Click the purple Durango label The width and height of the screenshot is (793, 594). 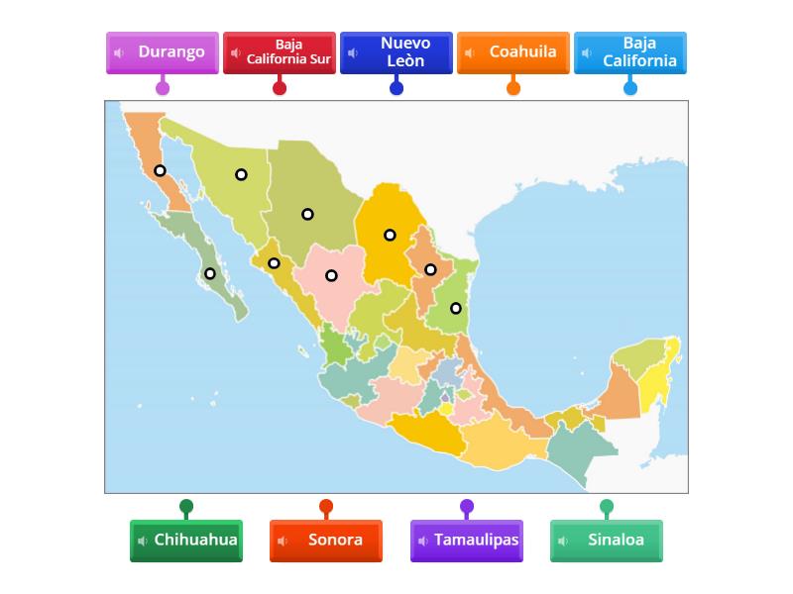pos(163,52)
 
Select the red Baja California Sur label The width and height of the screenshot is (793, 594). pos(280,52)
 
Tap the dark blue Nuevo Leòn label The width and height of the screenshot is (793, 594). pos(396,52)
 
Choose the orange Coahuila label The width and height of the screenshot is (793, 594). pos(513,52)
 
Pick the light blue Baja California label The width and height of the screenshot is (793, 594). pos(630,52)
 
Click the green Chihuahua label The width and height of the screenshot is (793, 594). pos(186,541)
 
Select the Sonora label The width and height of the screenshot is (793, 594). pos(326,541)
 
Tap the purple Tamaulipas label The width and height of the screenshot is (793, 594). pos(467,541)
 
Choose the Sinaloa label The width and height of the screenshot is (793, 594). pos(607,541)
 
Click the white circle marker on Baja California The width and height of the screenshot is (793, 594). pos(160,170)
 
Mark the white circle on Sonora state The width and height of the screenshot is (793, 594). pos(241,174)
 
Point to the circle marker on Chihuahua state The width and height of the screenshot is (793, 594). pos(307,214)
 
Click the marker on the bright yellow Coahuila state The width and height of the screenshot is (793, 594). pos(390,235)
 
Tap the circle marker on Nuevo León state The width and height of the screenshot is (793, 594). pos(430,269)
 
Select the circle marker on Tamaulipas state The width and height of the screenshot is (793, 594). pos(456,308)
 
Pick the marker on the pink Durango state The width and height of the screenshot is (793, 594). pos(331,275)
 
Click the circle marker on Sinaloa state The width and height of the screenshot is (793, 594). pos(274,263)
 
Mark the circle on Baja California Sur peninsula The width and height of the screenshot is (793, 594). pos(209,273)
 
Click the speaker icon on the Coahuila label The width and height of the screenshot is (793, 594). pos(470,53)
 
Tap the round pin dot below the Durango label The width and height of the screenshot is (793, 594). pos(163,87)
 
